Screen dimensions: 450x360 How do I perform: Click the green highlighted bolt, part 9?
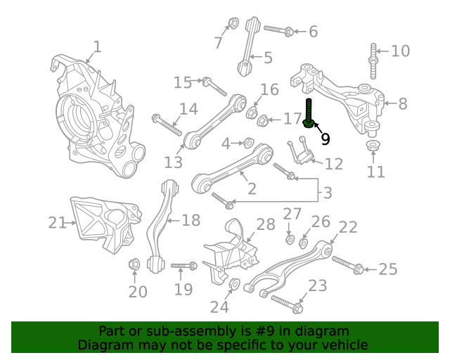309,113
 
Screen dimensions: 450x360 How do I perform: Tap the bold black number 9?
325,139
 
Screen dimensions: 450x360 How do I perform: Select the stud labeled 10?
373,61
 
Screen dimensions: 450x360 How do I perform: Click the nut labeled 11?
373,146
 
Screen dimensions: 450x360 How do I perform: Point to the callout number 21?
57,222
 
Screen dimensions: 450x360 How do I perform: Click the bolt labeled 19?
184,266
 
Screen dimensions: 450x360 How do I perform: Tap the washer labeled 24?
234,284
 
